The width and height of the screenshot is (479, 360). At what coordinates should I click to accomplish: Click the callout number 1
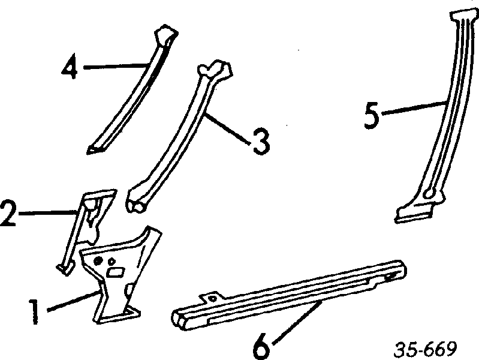[x=34, y=311]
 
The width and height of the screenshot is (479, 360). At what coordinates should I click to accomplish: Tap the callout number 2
[x=8, y=213]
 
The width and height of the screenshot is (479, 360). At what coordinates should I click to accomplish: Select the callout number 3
[x=261, y=142]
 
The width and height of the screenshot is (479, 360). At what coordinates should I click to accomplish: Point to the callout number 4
[x=70, y=66]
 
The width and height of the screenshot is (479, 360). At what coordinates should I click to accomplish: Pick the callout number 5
[x=372, y=115]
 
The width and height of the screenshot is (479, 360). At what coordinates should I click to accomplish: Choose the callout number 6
[x=262, y=346]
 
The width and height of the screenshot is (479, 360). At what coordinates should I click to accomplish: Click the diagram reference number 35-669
[x=425, y=349]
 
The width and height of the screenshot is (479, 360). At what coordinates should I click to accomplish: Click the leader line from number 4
[x=116, y=66]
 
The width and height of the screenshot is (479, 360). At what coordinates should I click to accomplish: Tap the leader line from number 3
[x=228, y=128]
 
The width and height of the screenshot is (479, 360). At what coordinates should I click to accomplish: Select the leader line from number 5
[x=414, y=107]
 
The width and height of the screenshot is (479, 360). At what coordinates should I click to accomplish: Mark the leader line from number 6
[x=296, y=322]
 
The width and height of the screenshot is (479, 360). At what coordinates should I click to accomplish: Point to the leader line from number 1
[x=73, y=301]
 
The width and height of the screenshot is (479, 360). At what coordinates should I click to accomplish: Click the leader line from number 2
[x=48, y=212]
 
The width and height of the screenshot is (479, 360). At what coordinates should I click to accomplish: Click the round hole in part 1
[x=98, y=261]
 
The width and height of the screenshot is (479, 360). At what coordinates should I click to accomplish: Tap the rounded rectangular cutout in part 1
[x=115, y=272]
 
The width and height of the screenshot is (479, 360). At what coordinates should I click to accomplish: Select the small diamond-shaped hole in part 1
[x=112, y=262]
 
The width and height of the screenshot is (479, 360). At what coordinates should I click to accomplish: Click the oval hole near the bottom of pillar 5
[x=429, y=193]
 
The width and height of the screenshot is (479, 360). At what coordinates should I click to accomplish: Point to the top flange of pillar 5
[x=463, y=14]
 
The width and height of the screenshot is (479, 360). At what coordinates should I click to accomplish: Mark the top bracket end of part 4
[x=166, y=35]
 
